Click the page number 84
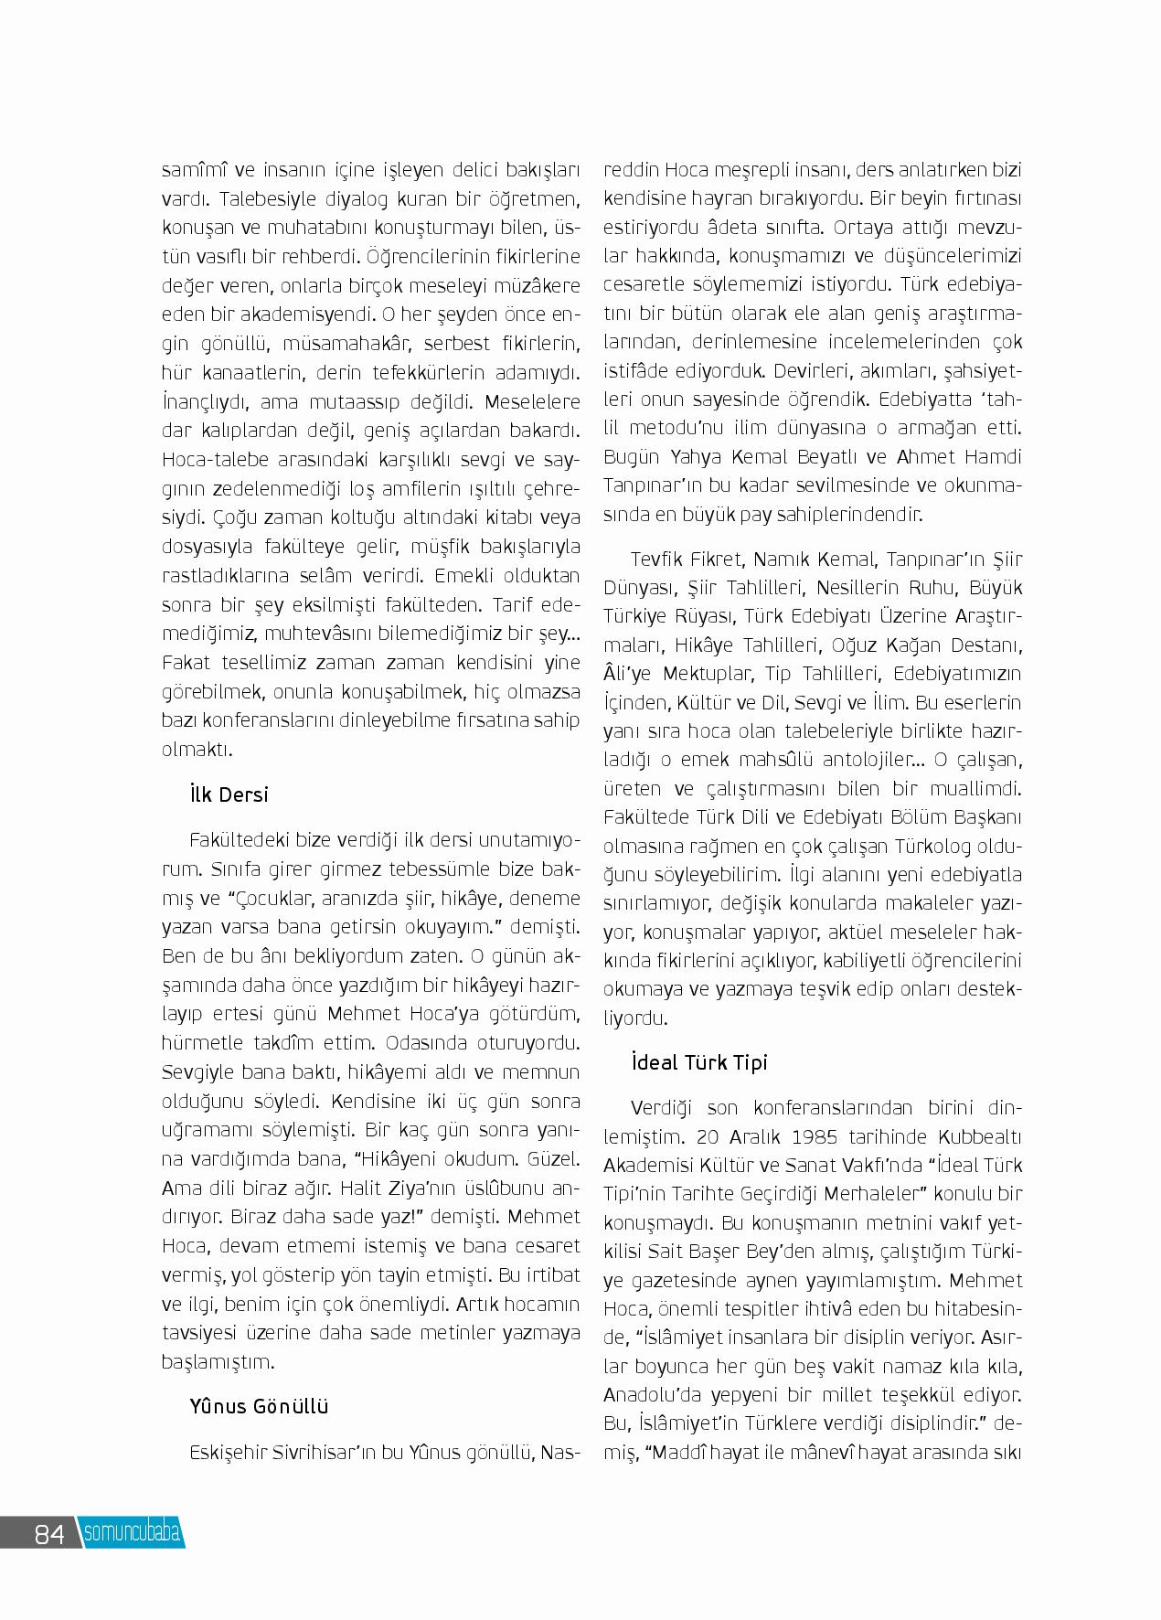click(x=48, y=1533)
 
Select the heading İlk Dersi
click(x=229, y=794)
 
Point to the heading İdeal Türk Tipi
click(x=699, y=1062)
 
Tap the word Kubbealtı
click(x=980, y=1137)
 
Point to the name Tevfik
click(x=658, y=559)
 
